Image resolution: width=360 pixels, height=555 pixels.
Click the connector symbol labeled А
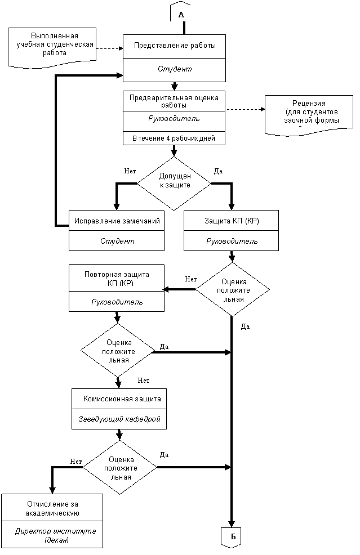(181, 13)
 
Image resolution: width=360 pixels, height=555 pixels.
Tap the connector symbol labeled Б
(232, 537)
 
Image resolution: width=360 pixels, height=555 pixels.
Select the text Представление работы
(175, 45)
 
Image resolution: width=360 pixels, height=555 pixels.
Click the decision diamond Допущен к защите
(174, 183)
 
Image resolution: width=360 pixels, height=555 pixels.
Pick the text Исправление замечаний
(117, 221)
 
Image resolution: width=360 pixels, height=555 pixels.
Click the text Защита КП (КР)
(232, 221)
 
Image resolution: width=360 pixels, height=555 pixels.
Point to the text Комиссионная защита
(122, 399)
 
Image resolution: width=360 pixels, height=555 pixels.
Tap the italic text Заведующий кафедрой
(119, 419)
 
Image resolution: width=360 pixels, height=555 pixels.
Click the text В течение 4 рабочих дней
(174, 138)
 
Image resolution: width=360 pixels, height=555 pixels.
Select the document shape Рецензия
(309, 115)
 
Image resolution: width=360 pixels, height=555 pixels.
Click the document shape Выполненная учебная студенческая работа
(52, 47)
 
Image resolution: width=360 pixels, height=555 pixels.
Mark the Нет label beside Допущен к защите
(130, 171)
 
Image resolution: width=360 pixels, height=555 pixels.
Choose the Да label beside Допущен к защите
(218, 171)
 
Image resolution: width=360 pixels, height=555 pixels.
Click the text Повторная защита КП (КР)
(117, 279)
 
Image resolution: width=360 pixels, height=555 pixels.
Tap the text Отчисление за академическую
(52, 508)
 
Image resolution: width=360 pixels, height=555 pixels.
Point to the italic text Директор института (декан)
(56, 535)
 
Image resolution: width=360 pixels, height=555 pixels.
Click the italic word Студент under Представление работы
(175, 69)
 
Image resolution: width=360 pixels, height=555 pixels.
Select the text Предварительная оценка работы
(174, 101)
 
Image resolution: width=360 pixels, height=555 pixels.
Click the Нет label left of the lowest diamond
(76, 462)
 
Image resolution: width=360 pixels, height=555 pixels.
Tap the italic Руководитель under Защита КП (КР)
(232, 241)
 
